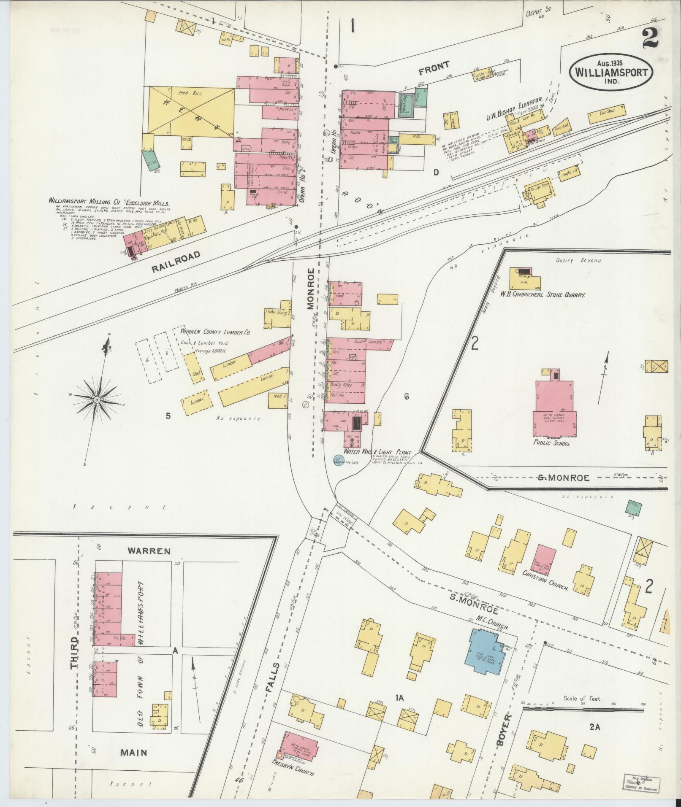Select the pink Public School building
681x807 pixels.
[554, 409]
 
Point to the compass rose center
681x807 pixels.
[97, 399]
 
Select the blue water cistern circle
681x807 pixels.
[339, 460]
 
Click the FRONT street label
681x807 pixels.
[434, 67]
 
